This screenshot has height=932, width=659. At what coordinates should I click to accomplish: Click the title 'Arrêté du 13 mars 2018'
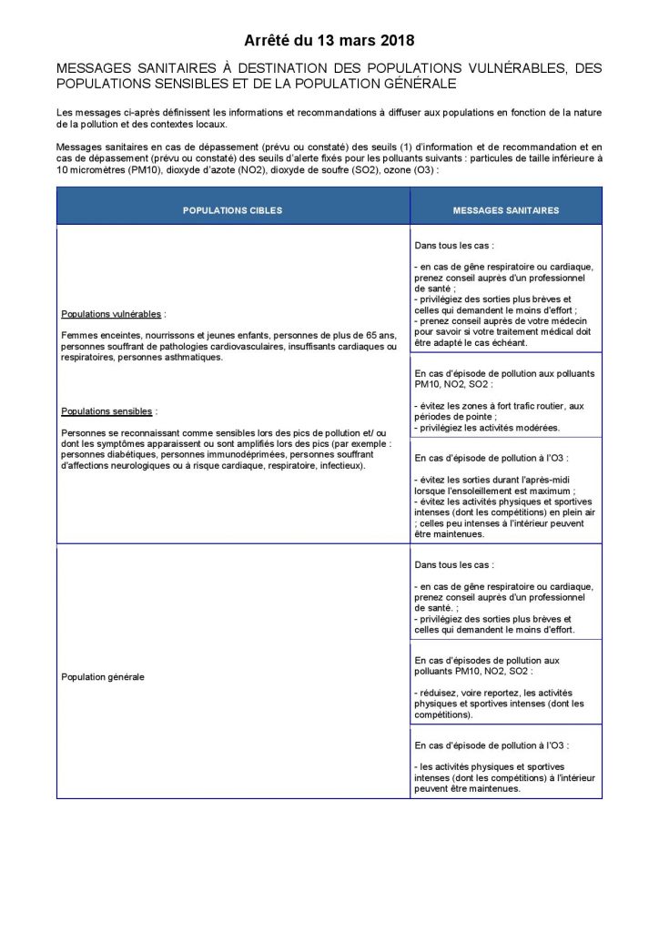tap(329, 40)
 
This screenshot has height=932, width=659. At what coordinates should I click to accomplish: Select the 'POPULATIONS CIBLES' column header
tap(232, 210)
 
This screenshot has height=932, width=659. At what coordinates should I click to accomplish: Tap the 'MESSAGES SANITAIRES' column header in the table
tap(506, 210)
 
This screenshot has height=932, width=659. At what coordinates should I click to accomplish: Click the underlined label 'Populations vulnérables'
tap(112, 314)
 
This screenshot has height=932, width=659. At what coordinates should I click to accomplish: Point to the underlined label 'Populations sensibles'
tap(106, 410)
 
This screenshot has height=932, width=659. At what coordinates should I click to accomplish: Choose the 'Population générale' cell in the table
tap(102, 677)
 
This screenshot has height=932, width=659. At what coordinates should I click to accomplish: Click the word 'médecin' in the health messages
tap(567, 321)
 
